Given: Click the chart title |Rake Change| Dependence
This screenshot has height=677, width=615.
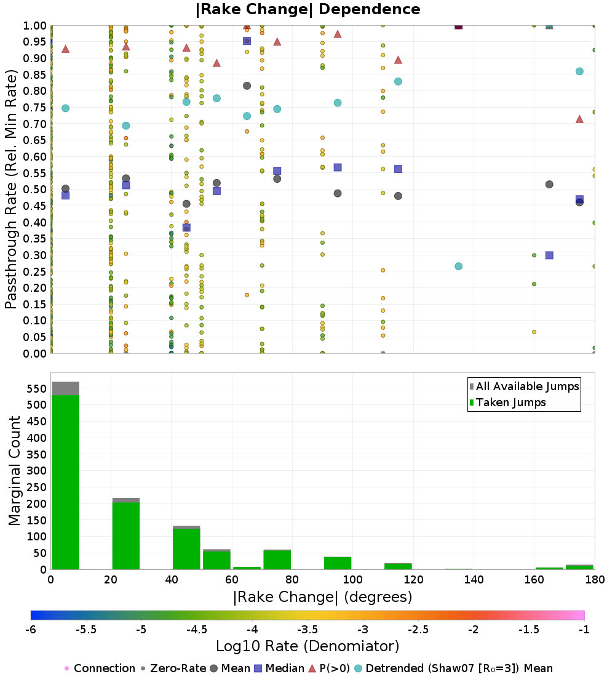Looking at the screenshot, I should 307,9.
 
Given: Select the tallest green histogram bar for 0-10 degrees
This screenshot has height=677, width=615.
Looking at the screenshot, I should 65,480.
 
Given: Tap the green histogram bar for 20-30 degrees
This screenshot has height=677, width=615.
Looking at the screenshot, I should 125,535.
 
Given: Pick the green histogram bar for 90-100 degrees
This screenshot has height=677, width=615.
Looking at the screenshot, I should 338,563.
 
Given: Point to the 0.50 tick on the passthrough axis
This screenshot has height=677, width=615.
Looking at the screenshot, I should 36,190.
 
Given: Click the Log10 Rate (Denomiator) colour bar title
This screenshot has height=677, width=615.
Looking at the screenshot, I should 307,646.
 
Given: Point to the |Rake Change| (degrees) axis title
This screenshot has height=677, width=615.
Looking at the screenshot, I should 322,597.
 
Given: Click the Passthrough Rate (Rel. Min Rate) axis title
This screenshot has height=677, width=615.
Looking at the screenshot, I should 11,190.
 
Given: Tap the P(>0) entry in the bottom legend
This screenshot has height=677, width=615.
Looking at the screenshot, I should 330,668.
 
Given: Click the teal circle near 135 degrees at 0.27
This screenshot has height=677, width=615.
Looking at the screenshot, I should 458,266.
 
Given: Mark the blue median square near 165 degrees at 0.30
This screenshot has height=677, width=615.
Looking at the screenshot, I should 549,255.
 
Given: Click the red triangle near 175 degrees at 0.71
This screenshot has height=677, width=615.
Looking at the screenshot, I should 579,119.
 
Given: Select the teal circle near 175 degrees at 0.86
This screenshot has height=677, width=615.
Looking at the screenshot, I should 579,71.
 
